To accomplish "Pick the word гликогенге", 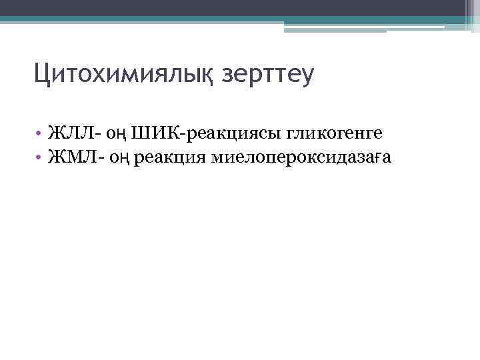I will click(335, 135).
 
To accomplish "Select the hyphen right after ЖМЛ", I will click(96, 159).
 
